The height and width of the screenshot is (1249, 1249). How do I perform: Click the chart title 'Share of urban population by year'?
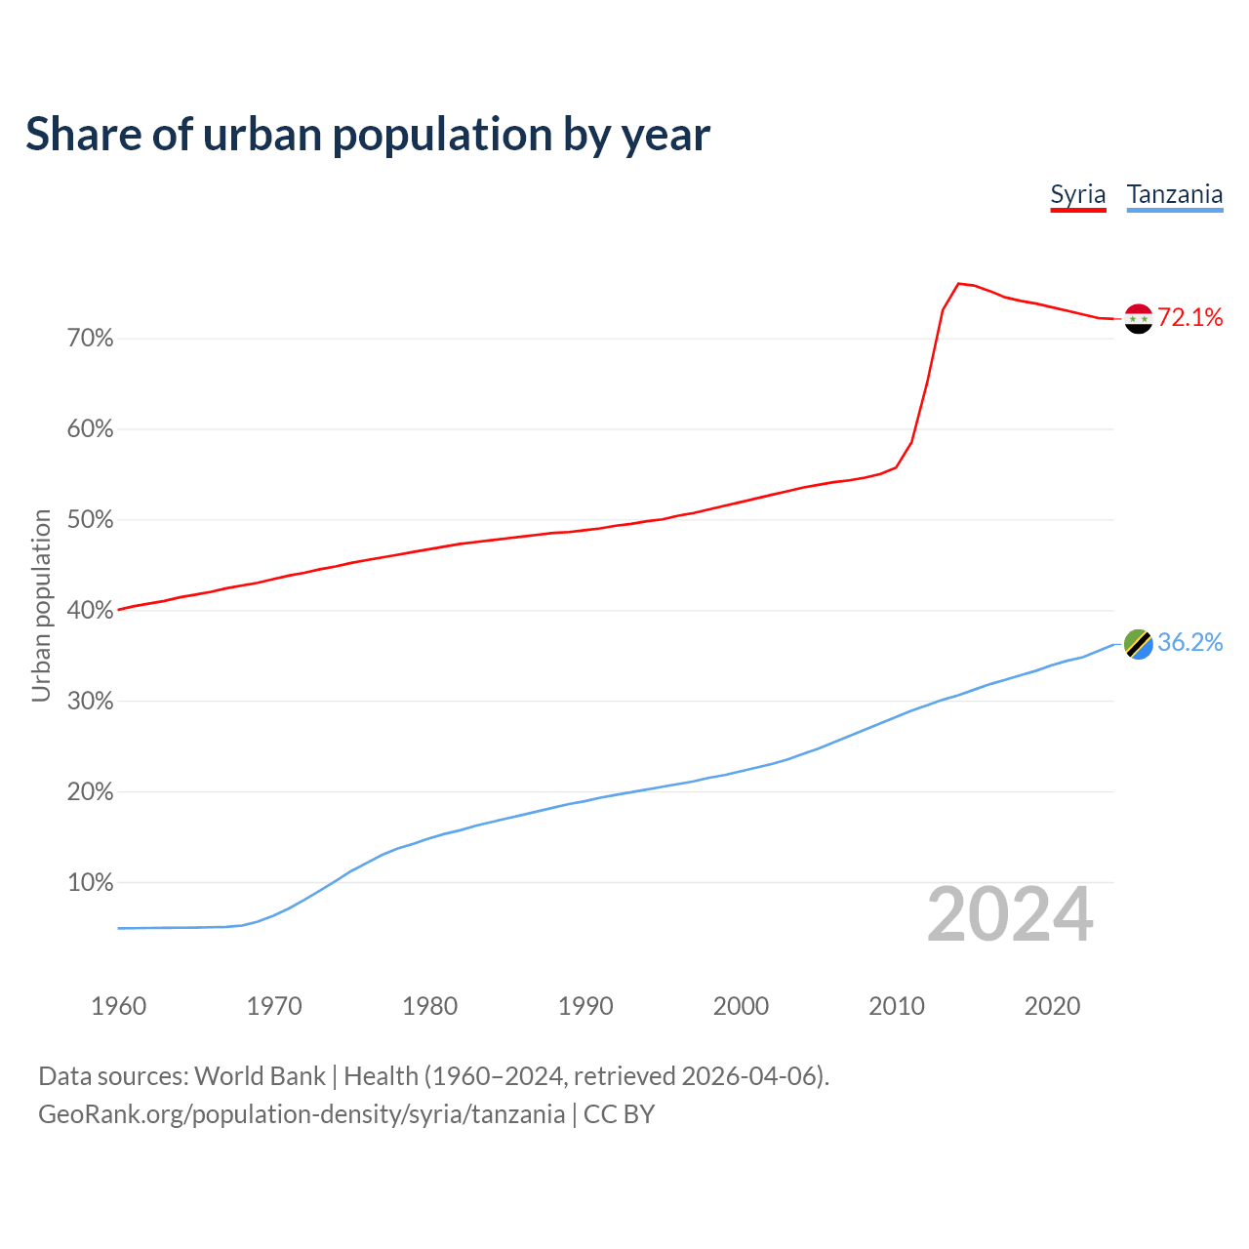(x=368, y=135)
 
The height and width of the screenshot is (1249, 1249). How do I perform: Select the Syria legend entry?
(x=1077, y=194)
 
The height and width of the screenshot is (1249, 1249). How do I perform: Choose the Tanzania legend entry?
(x=1174, y=194)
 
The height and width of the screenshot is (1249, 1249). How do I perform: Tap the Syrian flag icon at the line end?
(x=1138, y=318)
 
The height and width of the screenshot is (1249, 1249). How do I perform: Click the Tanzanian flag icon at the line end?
(x=1138, y=643)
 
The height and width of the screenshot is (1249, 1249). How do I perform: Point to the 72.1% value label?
(x=1189, y=317)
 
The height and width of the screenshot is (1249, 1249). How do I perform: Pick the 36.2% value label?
(x=1189, y=642)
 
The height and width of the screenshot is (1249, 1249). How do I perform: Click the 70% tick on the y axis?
(x=91, y=339)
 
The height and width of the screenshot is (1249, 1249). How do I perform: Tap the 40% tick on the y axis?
(x=91, y=611)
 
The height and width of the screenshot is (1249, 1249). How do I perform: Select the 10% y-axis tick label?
(x=91, y=883)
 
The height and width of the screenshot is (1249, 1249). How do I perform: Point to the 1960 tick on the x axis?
(x=118, y=1006)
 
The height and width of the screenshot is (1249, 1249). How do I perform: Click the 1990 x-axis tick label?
(x=585, y=1006)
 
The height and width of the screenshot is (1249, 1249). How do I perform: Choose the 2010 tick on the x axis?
(x=897, y=1006)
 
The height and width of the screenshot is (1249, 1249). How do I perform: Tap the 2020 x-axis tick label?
(x=1052, y=1006)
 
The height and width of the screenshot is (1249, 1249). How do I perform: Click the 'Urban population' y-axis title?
(x=41, y=606)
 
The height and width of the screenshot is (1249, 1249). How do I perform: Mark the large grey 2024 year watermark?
(x=1010, y=915)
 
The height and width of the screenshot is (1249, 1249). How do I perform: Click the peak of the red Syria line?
(x=958, y=284)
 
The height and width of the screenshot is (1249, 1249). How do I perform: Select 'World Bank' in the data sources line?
(x=260, y=1076)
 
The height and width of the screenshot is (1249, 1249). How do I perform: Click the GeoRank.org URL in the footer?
(x=302, y=1114)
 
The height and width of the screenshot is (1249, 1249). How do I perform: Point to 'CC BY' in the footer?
(x=619, y=1114)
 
